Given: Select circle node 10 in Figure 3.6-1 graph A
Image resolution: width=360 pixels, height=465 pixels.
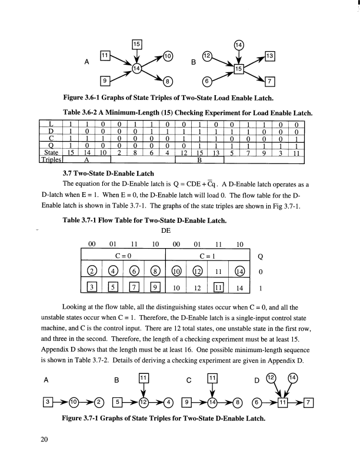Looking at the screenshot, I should click(168, 56).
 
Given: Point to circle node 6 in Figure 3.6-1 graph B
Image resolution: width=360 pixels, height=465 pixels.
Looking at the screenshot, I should click(208, 81).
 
